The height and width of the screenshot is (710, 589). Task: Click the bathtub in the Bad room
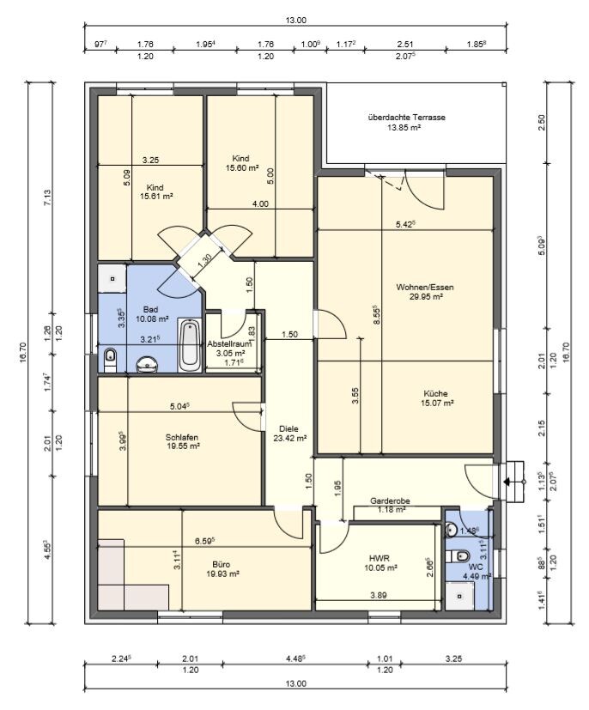point(190,345)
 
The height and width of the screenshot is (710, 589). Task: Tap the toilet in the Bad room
point(109,360)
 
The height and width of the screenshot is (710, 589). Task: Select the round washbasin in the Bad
point(147,364)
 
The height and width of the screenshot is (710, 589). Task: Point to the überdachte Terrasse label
point(407,118)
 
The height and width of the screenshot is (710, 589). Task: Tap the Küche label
point(435,393)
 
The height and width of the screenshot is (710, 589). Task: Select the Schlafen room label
point(181,437)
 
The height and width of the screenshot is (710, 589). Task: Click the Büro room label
point(221,564)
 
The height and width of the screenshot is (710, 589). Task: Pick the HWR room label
point(380,558)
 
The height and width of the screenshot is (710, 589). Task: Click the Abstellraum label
point(229,343)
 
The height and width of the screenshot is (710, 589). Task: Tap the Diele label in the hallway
point(288,428)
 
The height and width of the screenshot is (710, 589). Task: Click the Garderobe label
point(390,501)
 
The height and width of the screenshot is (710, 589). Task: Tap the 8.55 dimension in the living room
point(376,316)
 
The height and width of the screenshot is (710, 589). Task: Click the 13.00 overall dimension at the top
point(295,20)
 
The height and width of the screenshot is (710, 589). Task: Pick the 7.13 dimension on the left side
point(48,197)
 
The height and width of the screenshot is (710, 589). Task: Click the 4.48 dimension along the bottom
point(294,658)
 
